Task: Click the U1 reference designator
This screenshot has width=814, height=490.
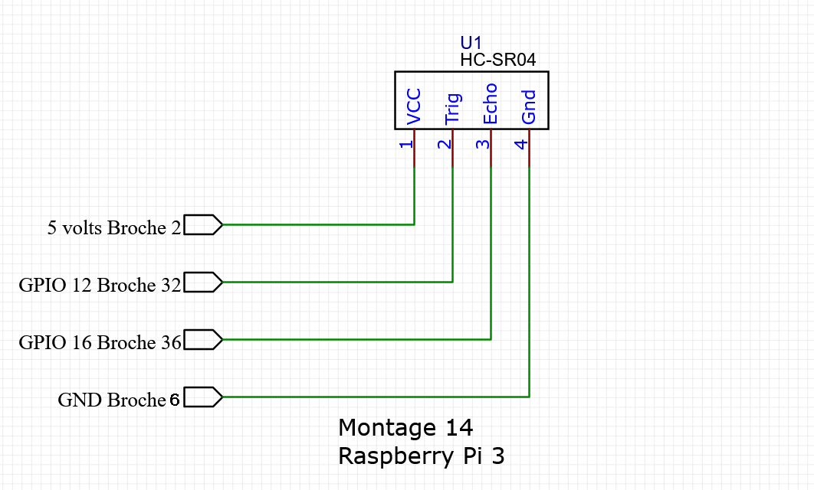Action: click(471, 43)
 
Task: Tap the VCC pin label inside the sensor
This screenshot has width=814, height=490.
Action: click(414, 107)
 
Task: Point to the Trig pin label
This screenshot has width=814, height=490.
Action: click(452, 109)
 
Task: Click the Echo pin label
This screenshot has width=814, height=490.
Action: click(491, 104)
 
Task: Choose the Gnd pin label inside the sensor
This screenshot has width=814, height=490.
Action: click(529, 107)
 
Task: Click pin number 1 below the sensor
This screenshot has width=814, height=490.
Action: click(407, 143)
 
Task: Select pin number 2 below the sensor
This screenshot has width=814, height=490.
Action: click(445, 143)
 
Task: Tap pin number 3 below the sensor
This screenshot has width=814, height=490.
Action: click(483, 143)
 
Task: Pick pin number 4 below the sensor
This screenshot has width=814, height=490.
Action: click(521, 143)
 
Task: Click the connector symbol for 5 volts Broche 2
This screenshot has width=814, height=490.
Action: click(203, 224)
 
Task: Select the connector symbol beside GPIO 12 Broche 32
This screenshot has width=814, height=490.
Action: click(203, 282)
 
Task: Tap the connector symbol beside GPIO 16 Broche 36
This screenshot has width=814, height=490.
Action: click(203, 339)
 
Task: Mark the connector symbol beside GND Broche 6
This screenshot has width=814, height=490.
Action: click(203, 397)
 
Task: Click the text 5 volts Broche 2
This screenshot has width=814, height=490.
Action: click(114, 227)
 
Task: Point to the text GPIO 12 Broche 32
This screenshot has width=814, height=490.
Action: click(100, 285)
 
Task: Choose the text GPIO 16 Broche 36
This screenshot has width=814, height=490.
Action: click(100, 342)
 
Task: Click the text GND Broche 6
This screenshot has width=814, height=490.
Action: click(119, 400)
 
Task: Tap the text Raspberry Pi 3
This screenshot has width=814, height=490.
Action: click(422, 456)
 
